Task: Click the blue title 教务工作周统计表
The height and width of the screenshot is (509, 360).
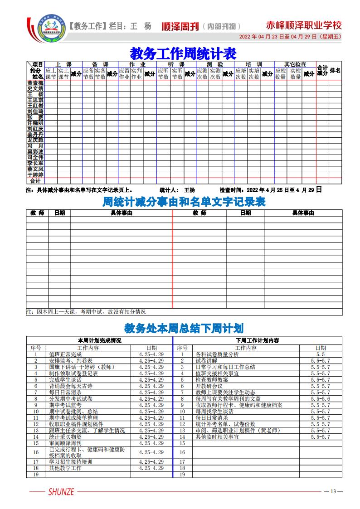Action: (x=183, y=53)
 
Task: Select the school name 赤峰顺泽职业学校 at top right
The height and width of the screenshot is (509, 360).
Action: (x=304, y=25)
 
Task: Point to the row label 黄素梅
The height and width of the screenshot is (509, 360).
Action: (x=35, y=83)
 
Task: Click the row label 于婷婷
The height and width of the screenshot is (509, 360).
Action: (x=35, y=175)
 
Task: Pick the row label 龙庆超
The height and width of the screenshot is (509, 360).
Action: (x=35, y=141)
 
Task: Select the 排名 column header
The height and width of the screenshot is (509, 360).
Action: (x=335, y=71)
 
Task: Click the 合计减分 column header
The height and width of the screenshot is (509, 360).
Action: (x=322, y=71)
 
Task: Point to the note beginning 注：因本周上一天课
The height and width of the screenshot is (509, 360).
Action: (x=86, y=312)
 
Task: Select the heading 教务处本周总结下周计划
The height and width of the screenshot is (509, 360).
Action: (x=184, y=328)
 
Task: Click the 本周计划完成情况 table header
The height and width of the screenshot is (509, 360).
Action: (x=99, y=340)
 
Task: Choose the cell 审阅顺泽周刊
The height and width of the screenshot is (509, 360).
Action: (x=65, y=443)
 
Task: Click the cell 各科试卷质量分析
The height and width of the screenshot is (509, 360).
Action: (x=217, y=354)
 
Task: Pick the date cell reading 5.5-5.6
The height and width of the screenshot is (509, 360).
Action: (x=321, y=399)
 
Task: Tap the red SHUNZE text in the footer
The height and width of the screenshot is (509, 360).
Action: (x=61, y=492)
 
